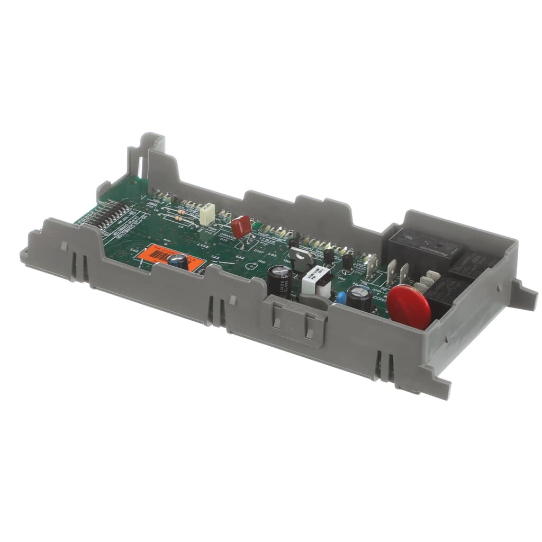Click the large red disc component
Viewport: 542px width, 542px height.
(409, 306)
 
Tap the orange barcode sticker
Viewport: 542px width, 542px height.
(170, 257)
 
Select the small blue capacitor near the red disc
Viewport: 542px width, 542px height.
(341, 297)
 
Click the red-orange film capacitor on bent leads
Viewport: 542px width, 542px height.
(241, 226)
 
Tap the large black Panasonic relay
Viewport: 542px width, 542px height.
(421, 246)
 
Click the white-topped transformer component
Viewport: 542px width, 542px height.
(317, 281)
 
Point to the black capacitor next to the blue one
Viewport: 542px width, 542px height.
(359, 299)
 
